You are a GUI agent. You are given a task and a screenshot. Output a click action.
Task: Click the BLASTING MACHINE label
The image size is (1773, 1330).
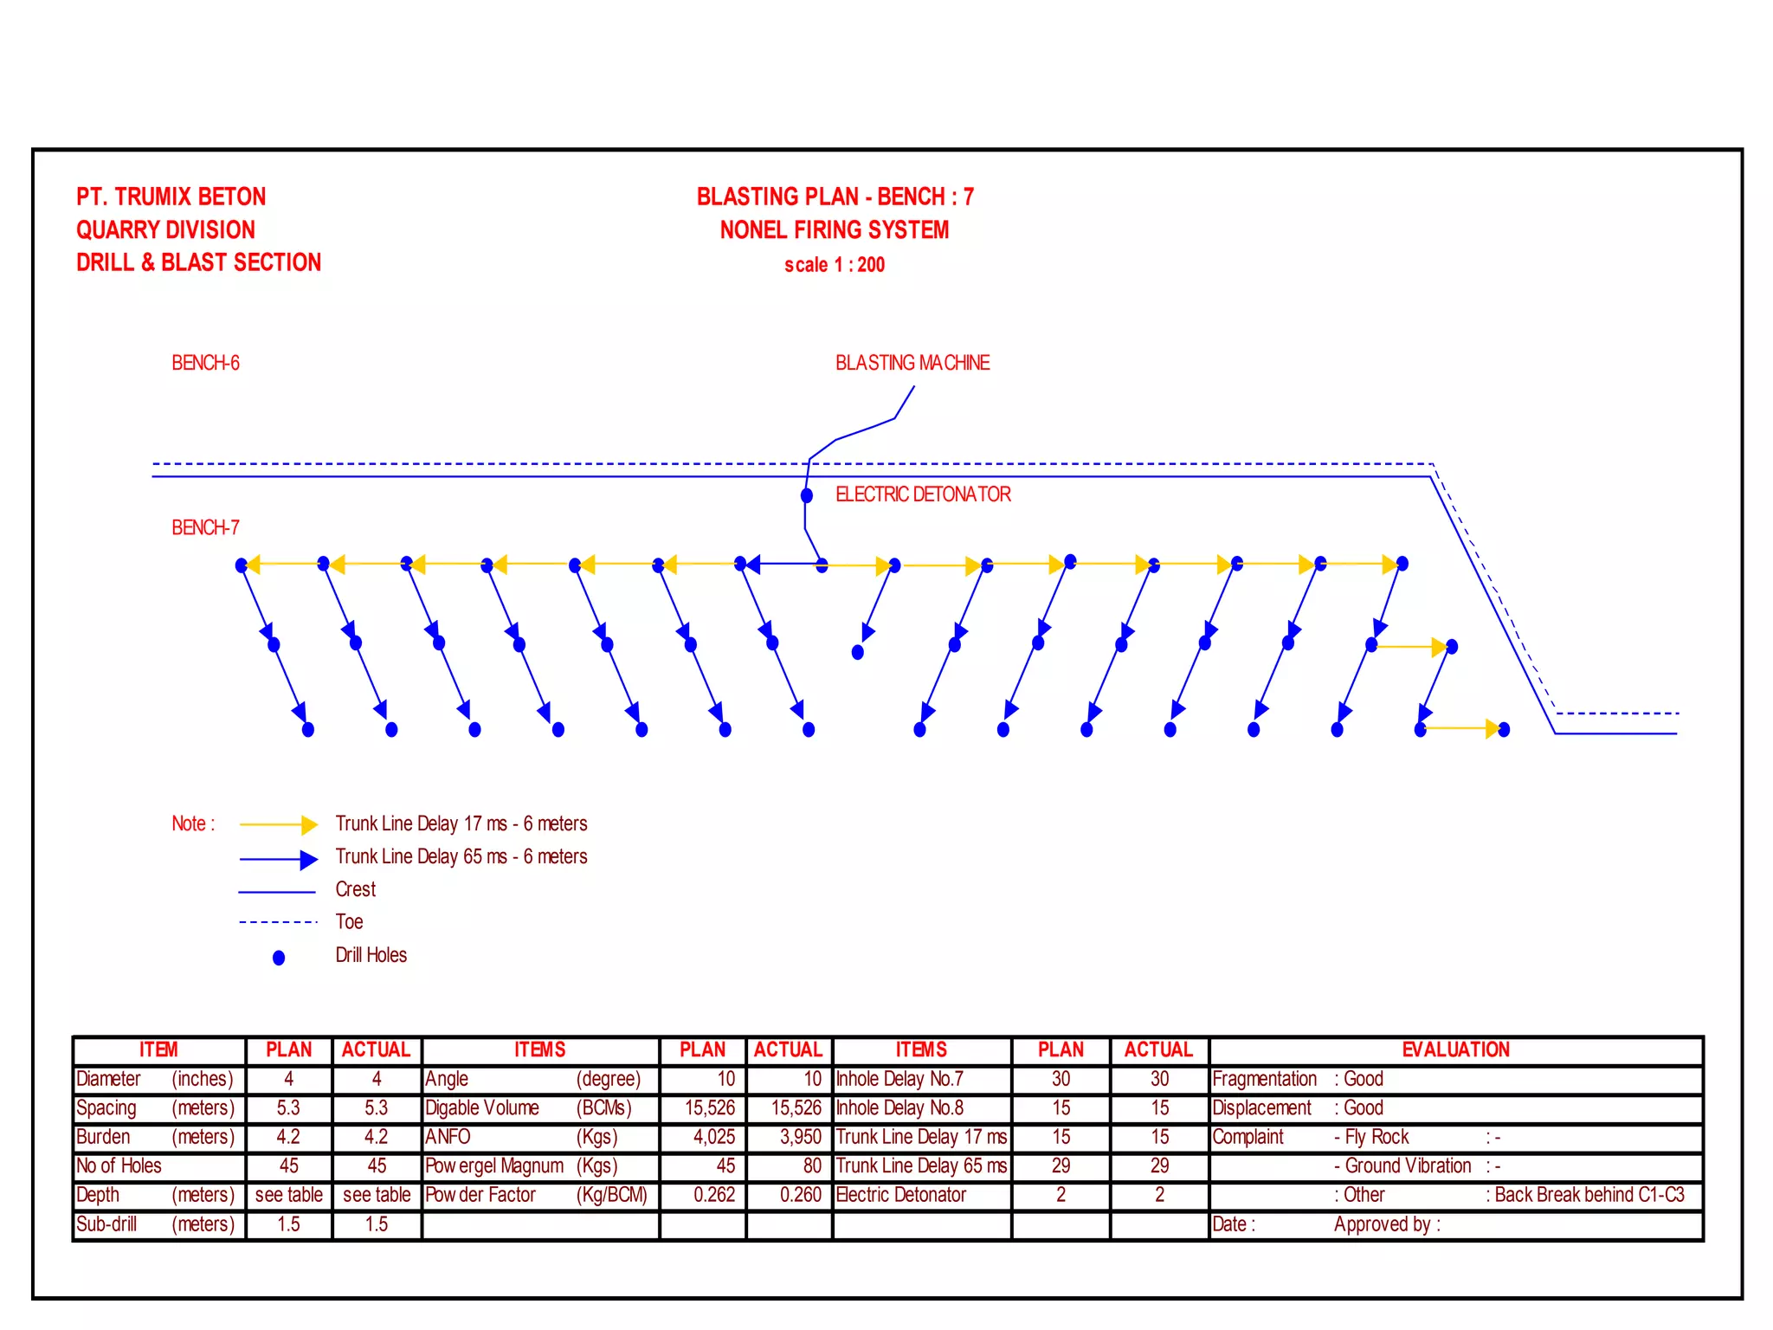tap(912, 363)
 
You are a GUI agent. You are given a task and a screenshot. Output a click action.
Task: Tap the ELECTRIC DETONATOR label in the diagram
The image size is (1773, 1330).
tap(922, 494)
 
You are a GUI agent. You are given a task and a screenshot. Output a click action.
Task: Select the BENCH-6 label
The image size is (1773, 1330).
tap(205, 363)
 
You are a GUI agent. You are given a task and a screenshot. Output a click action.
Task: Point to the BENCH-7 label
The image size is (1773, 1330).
tap(205, 527)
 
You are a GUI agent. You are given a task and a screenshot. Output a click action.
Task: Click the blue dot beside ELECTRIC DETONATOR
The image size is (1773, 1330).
tap(806, 495)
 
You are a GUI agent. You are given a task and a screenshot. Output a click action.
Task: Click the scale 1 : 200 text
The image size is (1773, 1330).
tap(834, 265)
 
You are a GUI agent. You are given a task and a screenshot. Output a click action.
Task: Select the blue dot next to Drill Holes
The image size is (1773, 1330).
tap(279, 958)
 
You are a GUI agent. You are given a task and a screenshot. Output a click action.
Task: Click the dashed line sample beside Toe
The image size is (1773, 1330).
tap(278, 922)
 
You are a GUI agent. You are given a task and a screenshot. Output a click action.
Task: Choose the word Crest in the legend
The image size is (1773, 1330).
tap(355, 889)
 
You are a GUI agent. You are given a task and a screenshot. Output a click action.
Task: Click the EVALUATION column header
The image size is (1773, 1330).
tap(1455, 1049)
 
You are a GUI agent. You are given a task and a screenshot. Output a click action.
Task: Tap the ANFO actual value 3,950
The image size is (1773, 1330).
tap(800, 1137)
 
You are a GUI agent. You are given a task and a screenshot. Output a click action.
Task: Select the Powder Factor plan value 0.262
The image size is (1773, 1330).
tap(713, 1195)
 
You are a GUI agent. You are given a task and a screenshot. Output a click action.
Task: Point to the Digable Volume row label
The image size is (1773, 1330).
tap(481, 1107)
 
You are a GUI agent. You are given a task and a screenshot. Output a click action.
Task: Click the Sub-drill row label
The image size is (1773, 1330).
tap(106, 1224)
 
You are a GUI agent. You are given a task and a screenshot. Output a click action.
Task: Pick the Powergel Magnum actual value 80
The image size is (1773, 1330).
tap(811, 1166)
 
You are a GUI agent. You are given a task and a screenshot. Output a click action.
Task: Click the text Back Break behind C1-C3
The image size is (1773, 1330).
tap(1589, 1195)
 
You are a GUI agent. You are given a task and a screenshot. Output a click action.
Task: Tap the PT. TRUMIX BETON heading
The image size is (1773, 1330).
tap(171, 197)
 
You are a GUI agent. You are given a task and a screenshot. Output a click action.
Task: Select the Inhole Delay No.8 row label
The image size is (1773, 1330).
tap(899, 1107)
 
